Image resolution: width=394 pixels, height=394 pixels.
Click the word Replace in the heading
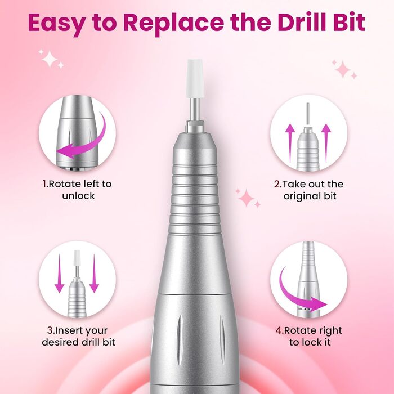[173, 23]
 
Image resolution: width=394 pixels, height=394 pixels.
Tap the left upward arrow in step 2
[290, 143]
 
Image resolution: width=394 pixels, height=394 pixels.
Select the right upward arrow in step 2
[326, 143]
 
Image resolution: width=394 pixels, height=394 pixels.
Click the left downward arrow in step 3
[60, 274]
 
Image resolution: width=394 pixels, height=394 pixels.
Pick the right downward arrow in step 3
[94, 274]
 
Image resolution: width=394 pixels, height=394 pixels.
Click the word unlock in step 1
[78, 196]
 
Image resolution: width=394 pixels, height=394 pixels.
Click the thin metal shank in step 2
[308, 113]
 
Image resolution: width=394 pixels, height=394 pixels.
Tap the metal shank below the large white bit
[195, 110]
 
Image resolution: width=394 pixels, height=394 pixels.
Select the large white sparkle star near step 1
[50, 59]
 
